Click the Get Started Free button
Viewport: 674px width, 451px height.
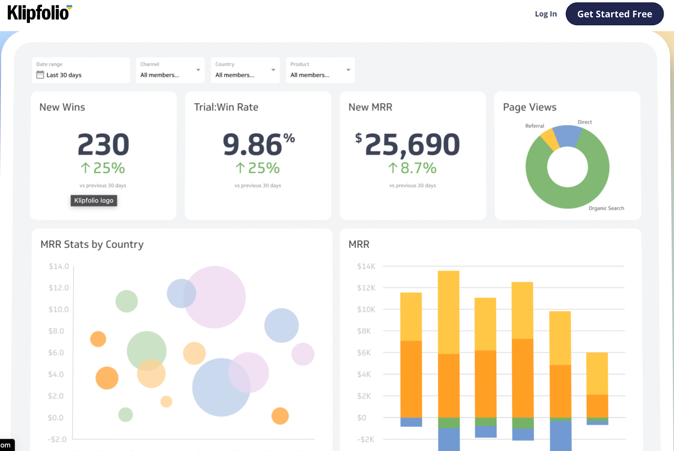click(x=614, y=14)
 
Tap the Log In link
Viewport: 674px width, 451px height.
click(x=546, y=14)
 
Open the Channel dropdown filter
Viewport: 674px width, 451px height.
click(x=170, y=70)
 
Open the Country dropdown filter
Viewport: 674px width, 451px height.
click(x=245, y=70)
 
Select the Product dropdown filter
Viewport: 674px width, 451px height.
click(x=320, y=70)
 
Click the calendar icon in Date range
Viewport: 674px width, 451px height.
click(x=40, y=75)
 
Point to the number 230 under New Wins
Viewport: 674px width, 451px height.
click(x=103, y=144)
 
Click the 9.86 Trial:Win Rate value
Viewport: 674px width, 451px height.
click(x=253, y=144)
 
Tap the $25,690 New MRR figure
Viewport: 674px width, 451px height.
click(x=412, y=144)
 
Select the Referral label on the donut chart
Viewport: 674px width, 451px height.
click(x=535, y=126)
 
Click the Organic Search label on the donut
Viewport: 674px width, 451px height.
click(x=606, y=208)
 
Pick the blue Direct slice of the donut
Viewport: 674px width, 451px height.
click(x=567, y=136)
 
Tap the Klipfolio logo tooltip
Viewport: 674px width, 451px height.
click(x=94, y=200)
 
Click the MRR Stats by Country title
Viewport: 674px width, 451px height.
click(x=92, y=244)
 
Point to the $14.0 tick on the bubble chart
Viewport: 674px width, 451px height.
click(x=59, y=266)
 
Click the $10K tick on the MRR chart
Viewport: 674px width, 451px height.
click(x=366, y=310)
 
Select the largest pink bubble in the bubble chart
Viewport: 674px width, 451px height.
click(x=214, y=297)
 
